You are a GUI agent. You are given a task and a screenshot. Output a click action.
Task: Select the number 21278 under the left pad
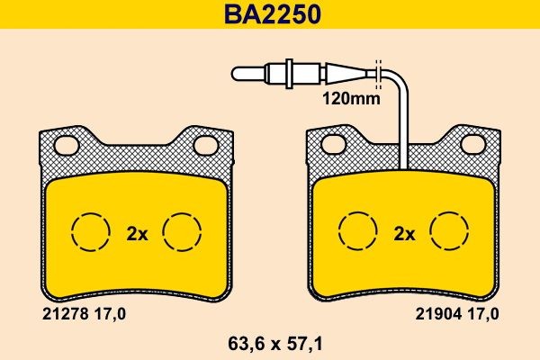pos(64,314)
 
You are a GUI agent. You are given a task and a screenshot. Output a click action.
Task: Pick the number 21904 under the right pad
pos(435,314)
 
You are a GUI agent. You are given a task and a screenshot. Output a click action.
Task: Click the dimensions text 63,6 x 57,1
pos(270,343)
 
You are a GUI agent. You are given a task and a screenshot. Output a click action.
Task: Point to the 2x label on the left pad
pos(136,234)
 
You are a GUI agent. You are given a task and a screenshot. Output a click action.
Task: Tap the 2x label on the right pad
pos(404,234)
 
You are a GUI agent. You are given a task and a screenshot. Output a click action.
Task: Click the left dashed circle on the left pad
pos(89,233)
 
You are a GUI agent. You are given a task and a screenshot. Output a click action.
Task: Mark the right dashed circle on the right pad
pos(450,233)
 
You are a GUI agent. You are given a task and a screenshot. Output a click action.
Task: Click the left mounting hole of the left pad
pos(65,143)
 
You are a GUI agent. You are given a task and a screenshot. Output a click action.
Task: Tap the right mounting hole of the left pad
pos(205,143)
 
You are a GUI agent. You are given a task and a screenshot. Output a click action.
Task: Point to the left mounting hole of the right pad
pos(333,143)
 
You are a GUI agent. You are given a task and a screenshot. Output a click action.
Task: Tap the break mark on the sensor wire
pos(378,71)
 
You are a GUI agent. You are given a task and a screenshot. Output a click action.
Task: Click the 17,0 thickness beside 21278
pos(112,314)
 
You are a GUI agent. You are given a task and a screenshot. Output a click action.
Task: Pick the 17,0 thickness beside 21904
pos(482,314)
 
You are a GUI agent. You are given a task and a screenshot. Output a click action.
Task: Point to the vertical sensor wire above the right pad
pos(404,126)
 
